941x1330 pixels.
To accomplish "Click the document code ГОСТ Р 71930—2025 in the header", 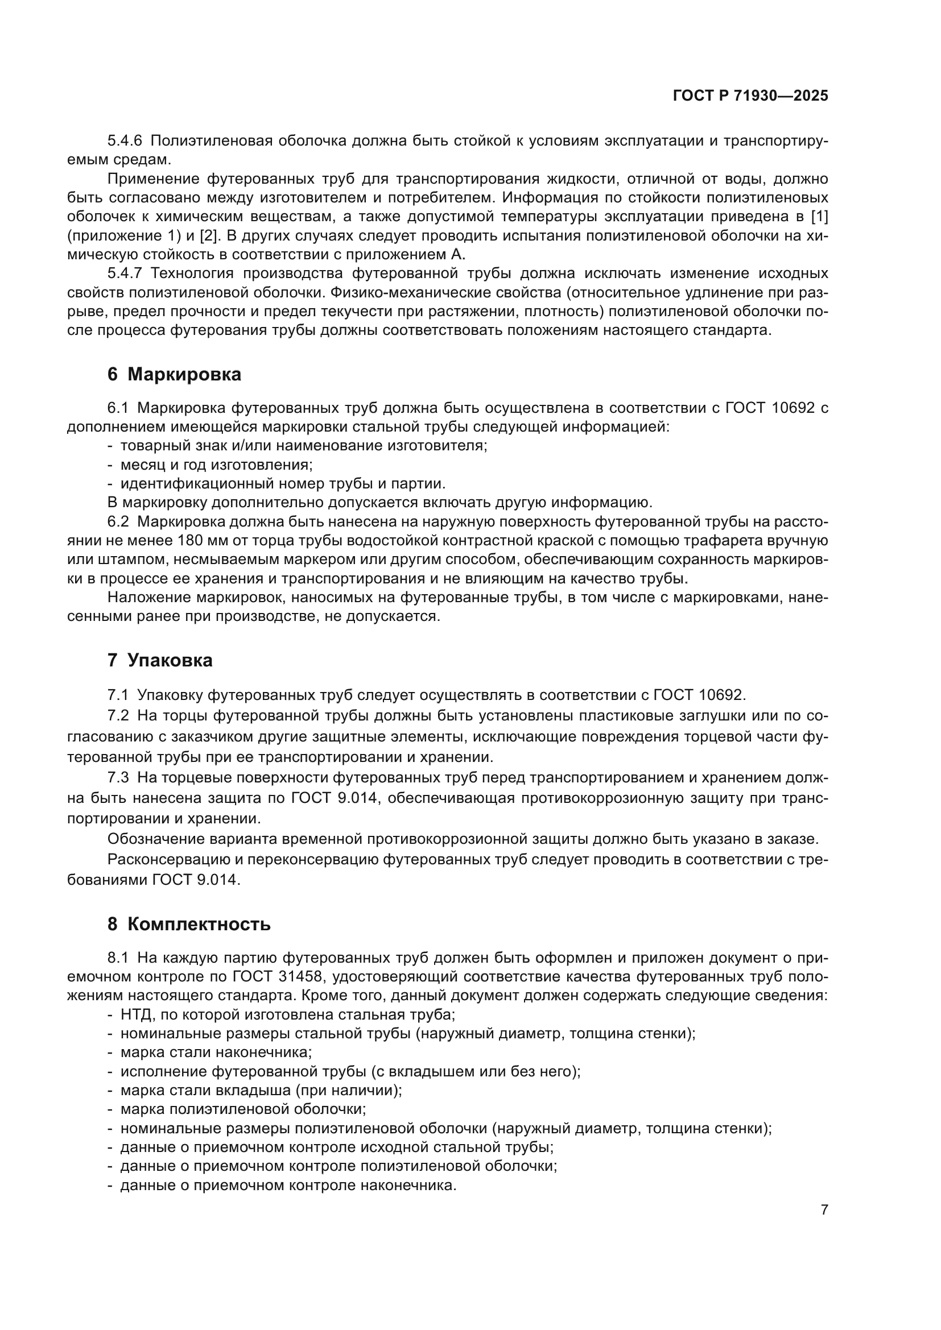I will pyautogui.click(x=750, y=96).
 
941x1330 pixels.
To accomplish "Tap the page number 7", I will pyautogui.click(x=824, y=1209).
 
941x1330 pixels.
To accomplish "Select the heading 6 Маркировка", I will pyautogui.click(x=174, y=375).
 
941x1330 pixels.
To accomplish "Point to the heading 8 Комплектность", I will pyautogui.click(x=189, y=924).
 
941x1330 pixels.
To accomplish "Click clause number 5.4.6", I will pyautogui.click(x=125, y=141).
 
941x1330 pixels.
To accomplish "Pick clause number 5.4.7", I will pyautogui.click(x=125, y=274).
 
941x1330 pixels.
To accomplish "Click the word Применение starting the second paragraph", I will pyautogui.click(x=153, y=179).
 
